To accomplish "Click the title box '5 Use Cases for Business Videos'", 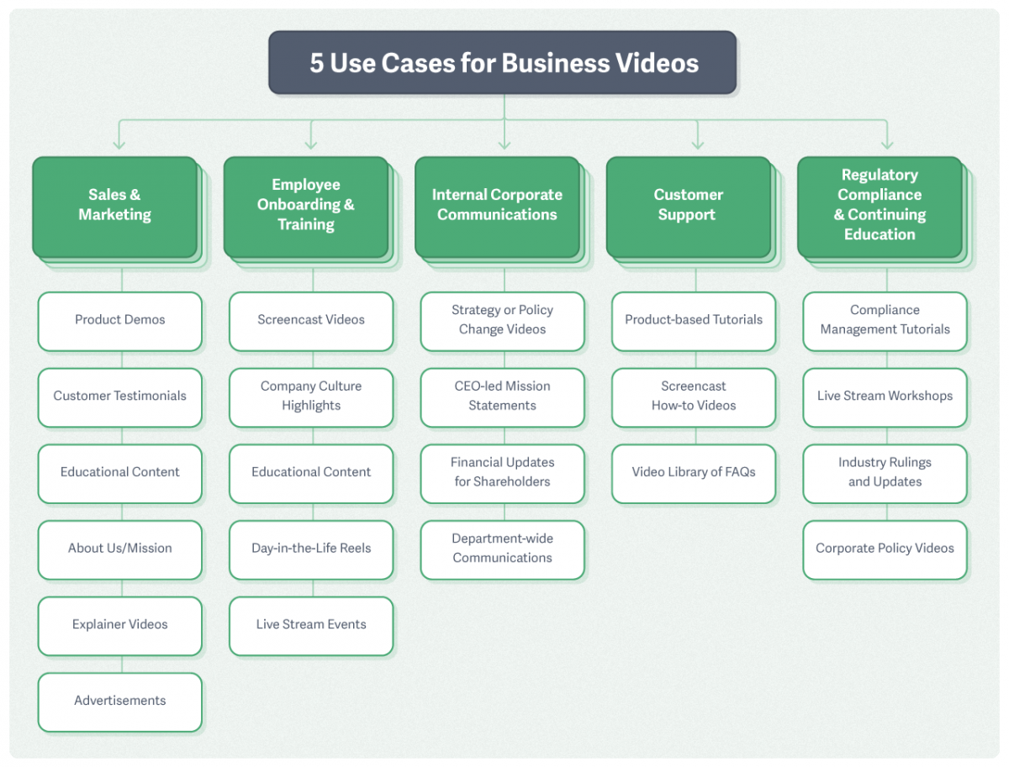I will pyautogui.click(x=503, y=63).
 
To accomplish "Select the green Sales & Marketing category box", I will pyautogui.click(x=115, y=206).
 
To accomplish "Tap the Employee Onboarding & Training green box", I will pyautogui.click(x=306, y=206).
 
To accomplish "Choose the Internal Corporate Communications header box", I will pyautogui.click(x=497, y=206).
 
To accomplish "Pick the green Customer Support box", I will pyautogui.click(x=688, y=206).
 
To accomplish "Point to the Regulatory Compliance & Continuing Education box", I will pyautogui.click(x=880, y=206).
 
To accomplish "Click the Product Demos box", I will pyautogui.click(x=119, y=320).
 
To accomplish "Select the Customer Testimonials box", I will pyautogui.click(x=119, y=397).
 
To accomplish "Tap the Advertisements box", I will pyautogui.click(x=119, y=701).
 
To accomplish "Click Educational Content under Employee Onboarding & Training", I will pyautogui.click(x=311, y=473).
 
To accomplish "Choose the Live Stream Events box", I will pyautogui.click(x=311, y=625).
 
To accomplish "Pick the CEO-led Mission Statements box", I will pyautogui.click(x=502, y=397).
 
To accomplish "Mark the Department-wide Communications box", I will pyautogui.click(x=502, y=549).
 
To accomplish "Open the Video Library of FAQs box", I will pyautogui.click(x=694, y=473).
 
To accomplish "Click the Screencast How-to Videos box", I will pyautogui.click(x=694, y=397).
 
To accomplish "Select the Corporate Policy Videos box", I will pyautogui.click(x=885, y=549).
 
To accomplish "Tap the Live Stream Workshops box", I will pyautogui.click(x=885, y=397).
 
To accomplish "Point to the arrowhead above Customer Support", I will pyautogui.click(x=696, y=144).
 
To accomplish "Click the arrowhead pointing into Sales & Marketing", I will pyautogui.click(x=119, y=144).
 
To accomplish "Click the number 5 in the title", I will pyautogui.click(x=316, y=64).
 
